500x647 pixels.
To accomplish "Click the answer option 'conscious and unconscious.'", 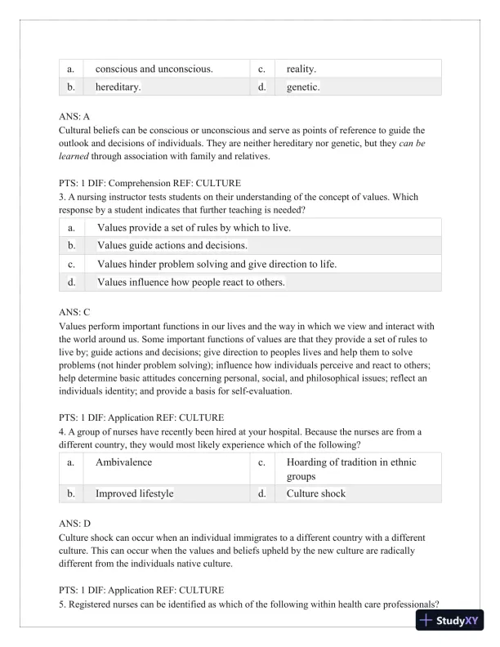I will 154,69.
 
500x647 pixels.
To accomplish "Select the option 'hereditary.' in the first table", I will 118,87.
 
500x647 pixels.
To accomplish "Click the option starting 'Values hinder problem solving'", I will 217,264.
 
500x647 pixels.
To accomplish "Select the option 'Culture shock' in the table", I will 322,493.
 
